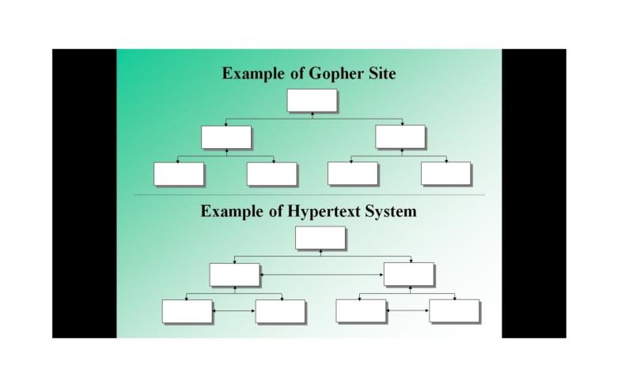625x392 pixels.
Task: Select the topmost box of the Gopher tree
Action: (312, 101)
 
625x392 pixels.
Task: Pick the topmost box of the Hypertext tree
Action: (320, 238)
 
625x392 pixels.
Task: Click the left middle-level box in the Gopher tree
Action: (225, 137)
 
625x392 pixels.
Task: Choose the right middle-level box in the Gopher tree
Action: (400, 137)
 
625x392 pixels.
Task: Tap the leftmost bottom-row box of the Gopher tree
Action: (179, 173)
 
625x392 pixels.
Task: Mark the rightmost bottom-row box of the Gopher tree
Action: (445, 173)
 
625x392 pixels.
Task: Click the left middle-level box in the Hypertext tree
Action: (234, 274)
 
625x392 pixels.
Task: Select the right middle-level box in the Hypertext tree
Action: (408, 274)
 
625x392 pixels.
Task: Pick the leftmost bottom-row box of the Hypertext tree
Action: (187, 311)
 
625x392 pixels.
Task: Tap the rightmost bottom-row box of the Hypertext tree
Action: (454, 311)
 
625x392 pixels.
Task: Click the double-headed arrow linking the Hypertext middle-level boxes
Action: (321, 274)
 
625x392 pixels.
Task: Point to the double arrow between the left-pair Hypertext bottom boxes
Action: (233, 311)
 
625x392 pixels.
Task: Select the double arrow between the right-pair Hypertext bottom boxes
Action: (407, 311)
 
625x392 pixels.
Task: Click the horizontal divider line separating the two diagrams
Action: (309, 195)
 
